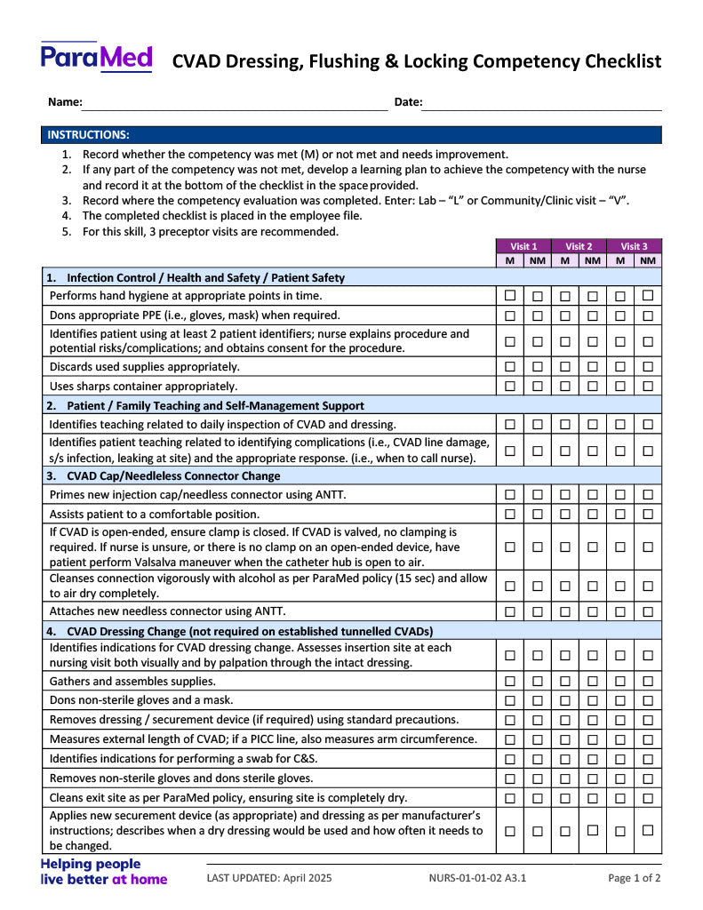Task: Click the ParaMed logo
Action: coord(96,58)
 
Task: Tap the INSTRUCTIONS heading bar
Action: coord(351,135)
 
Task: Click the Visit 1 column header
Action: coord(523,246)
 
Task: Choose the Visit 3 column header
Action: coord(634,246)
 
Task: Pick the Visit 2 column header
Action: coord(579,246)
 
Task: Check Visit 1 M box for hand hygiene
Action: coord(510,295)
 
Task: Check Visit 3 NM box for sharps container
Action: coord(648,386)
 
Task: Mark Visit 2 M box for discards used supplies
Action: coord(565,366)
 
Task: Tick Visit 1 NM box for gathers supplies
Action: coord(538,682)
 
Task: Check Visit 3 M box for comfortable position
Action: coord(620,514)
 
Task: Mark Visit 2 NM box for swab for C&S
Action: coord(593,759)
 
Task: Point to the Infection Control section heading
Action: coord(205,277)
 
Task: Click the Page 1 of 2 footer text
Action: coord(634,878)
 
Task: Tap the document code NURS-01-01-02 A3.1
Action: coord(477,878)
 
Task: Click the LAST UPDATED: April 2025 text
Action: coord(269,878)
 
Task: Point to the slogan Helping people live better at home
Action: coord(103,871)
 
